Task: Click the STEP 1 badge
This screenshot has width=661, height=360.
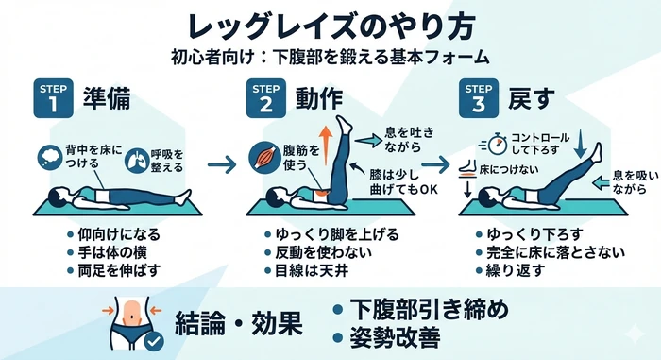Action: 53,98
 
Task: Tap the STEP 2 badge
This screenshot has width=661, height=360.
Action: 266,98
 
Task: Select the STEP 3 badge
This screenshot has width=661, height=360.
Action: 479,98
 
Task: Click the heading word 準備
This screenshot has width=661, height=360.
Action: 107,99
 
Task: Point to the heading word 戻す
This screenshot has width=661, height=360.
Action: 531,99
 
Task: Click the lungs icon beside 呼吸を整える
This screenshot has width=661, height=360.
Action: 137,160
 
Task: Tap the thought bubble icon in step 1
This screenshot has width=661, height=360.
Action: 50,158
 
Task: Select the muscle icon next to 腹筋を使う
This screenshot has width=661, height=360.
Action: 264,158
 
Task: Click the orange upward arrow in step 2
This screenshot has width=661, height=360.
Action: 325,145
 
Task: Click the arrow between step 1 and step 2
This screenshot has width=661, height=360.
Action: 222,164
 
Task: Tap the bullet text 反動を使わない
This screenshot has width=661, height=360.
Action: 323,252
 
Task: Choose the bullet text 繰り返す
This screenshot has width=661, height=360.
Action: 516,270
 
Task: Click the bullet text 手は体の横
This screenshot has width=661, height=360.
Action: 112,252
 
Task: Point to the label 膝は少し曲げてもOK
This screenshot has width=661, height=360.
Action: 403,182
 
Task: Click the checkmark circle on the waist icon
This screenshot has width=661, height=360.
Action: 154,340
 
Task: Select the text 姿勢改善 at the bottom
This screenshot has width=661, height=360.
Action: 395,337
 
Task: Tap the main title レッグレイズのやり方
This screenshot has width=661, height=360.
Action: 331,26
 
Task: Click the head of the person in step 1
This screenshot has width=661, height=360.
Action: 59,197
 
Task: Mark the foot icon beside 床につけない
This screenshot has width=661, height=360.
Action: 467,168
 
